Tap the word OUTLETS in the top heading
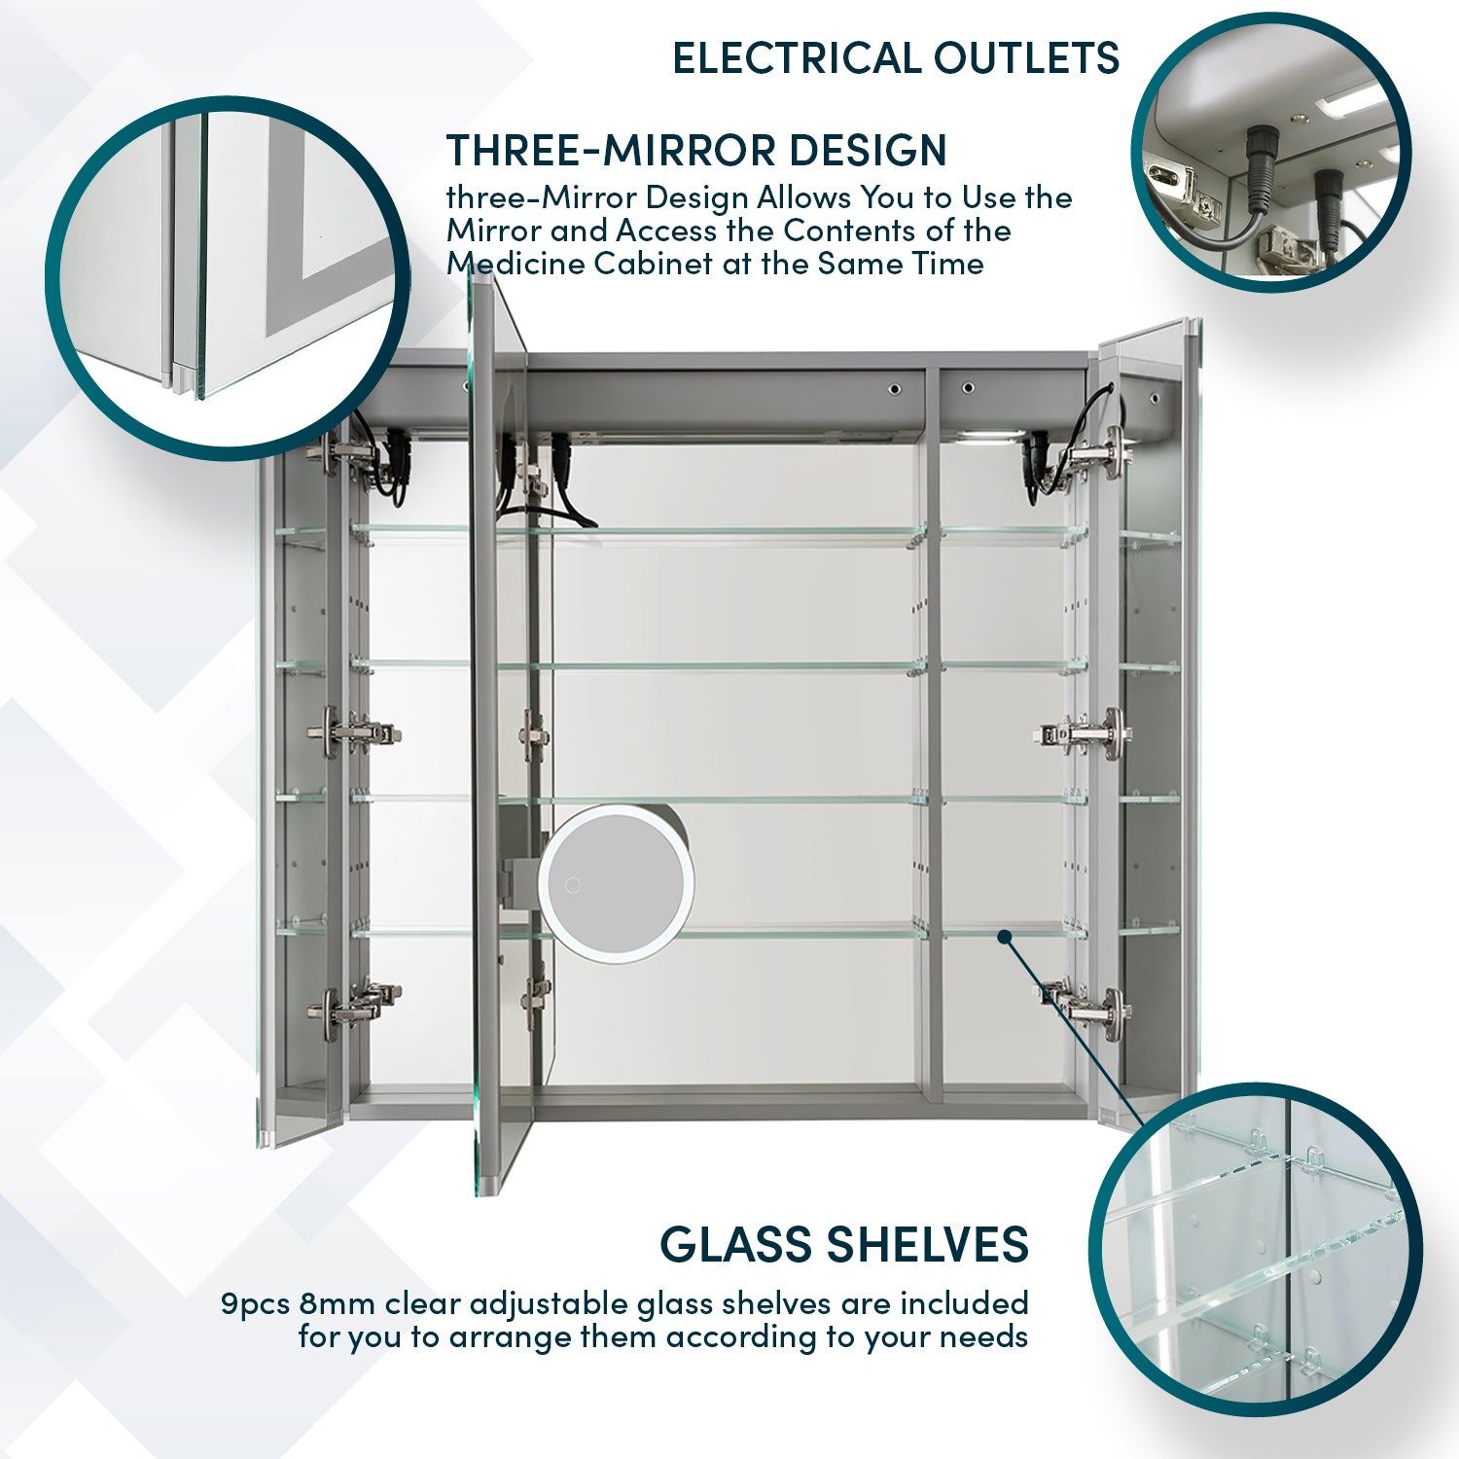point(1026,58)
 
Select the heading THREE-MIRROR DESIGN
point(696,151)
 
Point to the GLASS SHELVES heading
point(843,1244)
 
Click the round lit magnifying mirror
point(616,884)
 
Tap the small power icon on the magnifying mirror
point(573,885)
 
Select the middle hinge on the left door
point(350,731)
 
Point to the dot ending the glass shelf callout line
point(1005,937)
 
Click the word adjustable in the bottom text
point(552,1303)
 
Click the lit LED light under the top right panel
point(991,438)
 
